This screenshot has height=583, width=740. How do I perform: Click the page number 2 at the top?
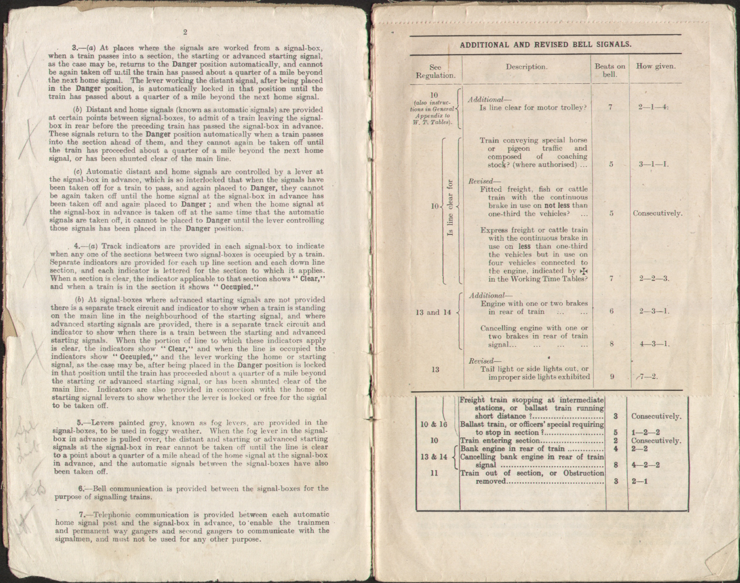coord(185,32)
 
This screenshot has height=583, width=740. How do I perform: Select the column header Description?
coord(526,67)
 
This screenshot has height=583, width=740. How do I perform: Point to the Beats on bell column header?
coord(610,70)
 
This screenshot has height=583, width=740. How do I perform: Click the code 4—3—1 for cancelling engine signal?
coord(654,344)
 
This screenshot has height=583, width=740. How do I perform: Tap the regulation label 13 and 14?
coord(433,312)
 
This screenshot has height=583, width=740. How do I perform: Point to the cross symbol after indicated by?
coord(584,271)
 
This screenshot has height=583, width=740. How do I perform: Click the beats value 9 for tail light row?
coord(612,377)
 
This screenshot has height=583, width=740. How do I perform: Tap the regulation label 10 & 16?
coord(433,425)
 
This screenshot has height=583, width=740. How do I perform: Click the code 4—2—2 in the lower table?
coord(645,465)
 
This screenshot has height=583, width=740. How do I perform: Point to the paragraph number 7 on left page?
coord(82,515)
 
